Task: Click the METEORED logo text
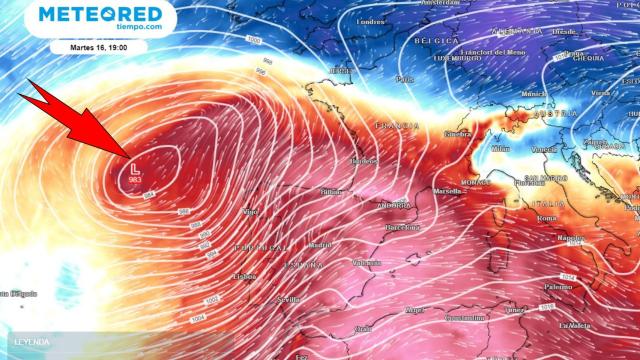(100, 14)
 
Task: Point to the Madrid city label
(320, 245)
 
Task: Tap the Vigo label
(251, 212)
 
